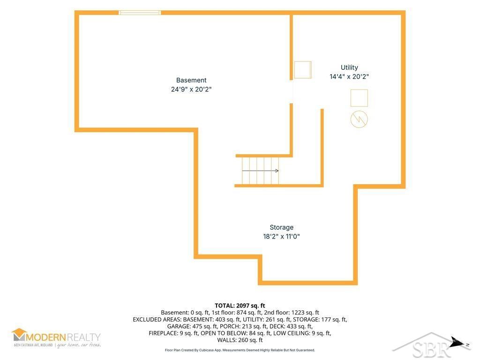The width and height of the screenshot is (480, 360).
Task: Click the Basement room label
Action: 191,80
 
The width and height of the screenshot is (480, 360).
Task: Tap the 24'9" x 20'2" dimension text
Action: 191,90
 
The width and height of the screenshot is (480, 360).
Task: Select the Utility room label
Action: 349,67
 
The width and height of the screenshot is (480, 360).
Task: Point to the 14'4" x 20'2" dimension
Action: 349,76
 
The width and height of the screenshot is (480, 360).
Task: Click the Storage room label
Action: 282,227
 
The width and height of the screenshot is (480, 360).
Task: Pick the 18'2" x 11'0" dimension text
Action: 282,236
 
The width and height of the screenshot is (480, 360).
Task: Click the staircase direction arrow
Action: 260,171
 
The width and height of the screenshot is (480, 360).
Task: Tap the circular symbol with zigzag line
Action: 359,120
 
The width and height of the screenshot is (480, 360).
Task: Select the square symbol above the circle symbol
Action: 359,98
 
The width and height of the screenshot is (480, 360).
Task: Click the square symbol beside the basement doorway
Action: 303,70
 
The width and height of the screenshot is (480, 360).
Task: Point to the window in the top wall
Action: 140,13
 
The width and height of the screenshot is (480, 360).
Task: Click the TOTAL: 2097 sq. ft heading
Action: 240,306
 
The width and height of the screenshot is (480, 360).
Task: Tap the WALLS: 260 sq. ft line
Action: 240,340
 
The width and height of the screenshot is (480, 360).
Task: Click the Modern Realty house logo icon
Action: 19,335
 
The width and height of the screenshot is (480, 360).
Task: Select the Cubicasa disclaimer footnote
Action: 240,350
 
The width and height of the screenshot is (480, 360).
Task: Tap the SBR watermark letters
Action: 431,348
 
